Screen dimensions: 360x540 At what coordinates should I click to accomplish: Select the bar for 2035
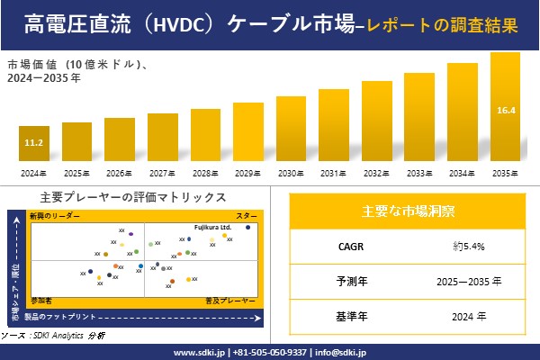pyautogui.click(x=505, y=108)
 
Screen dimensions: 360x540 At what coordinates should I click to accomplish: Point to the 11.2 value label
pyautogui.click(x=33, y=143)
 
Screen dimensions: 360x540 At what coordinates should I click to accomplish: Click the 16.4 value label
pyautogui.click(x=505, y=111)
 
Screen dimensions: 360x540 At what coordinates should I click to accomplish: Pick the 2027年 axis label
pyautogui.click(x=162, y=173)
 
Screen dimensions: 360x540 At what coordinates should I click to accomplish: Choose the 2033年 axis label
pyautogui.click(x=419, y=173)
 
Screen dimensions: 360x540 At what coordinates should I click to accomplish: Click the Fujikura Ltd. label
pyautogui.click(x=213, y=228)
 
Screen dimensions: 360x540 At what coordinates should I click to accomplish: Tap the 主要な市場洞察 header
pyautogui.click(x=408, y=211)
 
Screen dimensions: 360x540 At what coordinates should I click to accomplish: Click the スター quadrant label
pyautogui.click(x=247, y=216)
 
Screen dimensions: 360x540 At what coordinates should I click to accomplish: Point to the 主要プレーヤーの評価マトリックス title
pyautogui.click(x=133, y=197)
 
